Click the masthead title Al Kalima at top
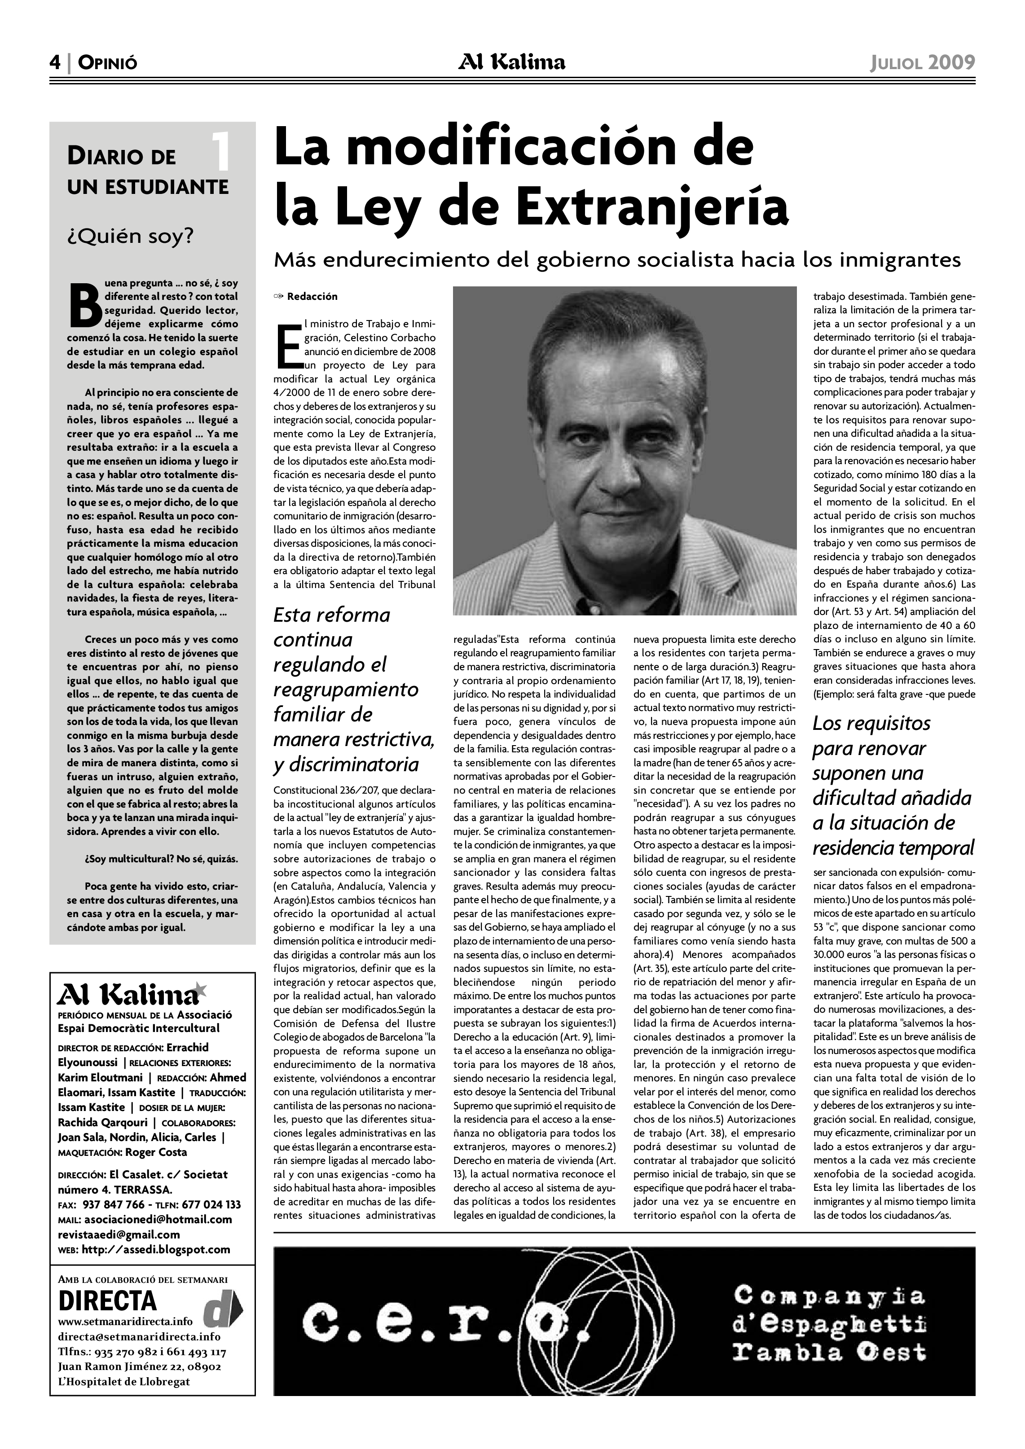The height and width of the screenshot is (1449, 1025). coord(512,62)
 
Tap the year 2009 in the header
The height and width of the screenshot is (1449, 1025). coord(951,62)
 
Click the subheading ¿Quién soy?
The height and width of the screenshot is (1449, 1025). coord(131,237)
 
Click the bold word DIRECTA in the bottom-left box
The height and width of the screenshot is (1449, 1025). coord(107,1301)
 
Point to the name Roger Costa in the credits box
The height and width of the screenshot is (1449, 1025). coord(157,1152)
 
